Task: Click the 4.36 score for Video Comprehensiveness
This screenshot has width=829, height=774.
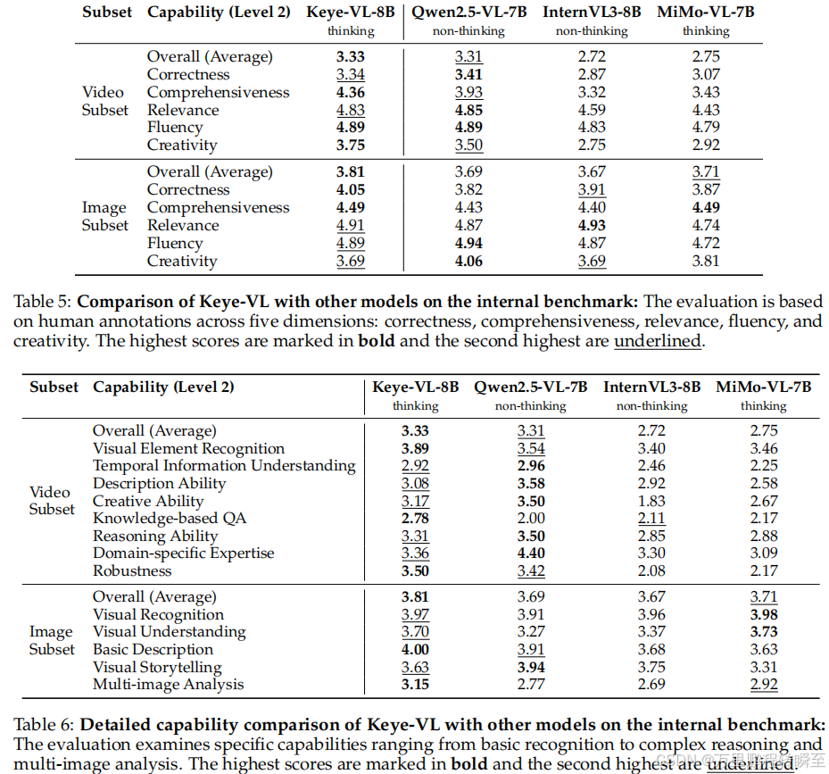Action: point(351,92)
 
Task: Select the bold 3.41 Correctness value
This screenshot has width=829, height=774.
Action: point(468,74)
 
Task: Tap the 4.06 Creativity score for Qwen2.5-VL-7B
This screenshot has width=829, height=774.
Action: point(468,261)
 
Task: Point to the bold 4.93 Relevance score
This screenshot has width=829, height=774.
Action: point(592,225)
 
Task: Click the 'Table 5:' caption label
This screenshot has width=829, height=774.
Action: point(43,302)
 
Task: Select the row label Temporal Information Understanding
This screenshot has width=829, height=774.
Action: point(224,465)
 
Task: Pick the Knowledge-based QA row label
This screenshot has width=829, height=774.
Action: point(170,518)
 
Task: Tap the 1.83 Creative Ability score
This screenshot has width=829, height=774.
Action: point(651,501)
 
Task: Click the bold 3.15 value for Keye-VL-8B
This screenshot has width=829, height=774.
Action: point(415,685)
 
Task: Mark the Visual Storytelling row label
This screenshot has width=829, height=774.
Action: point(157,667)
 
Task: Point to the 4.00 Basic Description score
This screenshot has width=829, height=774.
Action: point(415,649)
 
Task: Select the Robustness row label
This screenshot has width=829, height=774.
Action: point(133,570)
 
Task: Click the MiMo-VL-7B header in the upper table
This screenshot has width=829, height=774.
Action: point(706,12)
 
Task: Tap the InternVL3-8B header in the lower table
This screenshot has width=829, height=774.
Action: point(651,387)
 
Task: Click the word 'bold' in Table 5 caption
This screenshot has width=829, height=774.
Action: point(376,341)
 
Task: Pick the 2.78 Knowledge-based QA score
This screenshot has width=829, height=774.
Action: point(415,518)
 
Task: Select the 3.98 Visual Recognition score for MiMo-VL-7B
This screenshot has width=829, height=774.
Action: point(763,614)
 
